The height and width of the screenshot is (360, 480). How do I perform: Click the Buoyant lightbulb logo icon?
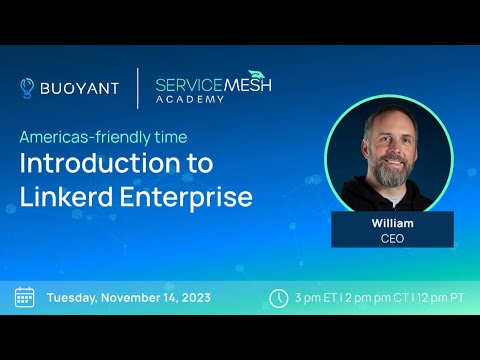(x=27, y=88)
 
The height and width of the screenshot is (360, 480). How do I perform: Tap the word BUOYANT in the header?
(x=80, y=88)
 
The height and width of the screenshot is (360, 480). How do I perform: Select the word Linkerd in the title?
(x=69, y=196)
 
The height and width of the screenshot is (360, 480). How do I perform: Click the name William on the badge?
(x=391, y=223)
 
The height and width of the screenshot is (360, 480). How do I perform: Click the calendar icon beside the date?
(x=25, y=297)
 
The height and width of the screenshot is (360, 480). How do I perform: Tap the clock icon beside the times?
(x=279, y=297)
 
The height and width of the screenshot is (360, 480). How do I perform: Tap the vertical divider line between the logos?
(x=137, y=88)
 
